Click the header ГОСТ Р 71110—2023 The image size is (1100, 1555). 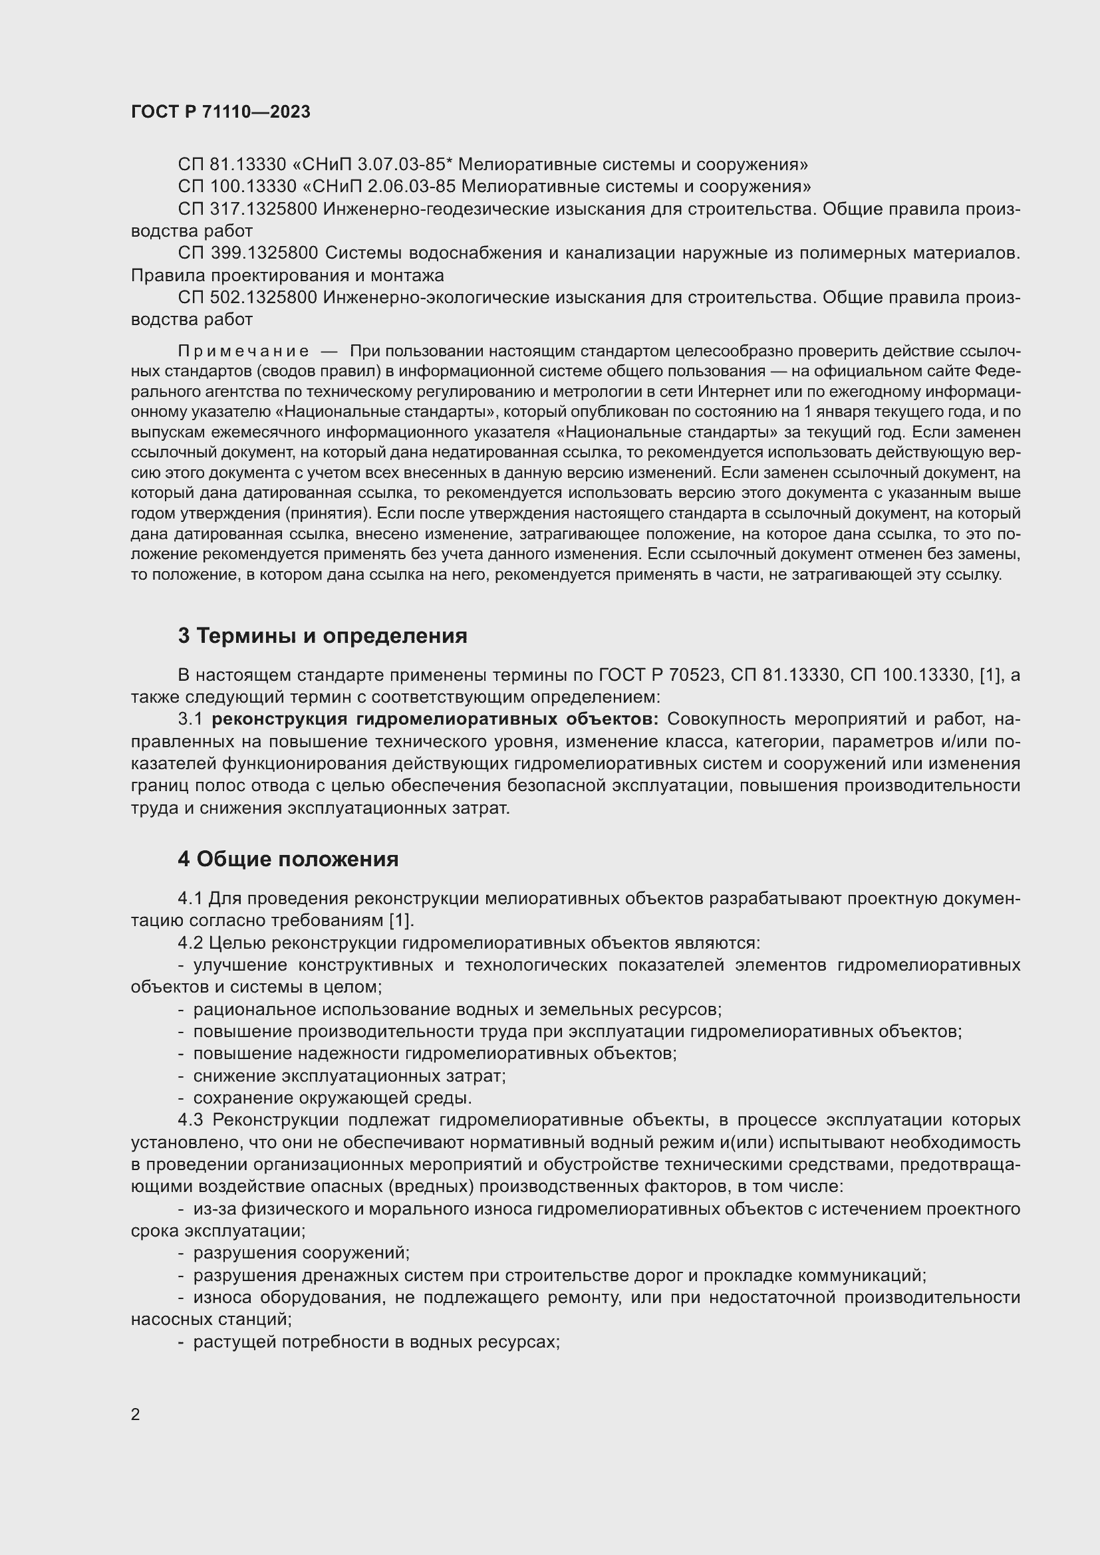click(220, 112)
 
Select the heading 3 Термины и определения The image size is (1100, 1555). click(323, 636)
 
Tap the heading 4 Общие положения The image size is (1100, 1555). click(288, 859)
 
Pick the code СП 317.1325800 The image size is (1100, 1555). click(247, 209)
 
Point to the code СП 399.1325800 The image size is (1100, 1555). click(248, 253)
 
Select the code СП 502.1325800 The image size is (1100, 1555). click(247, 298)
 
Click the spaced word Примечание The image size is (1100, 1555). click(243, 351)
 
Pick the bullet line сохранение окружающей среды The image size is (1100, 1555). click(332, 1098)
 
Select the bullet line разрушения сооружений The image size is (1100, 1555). click(301, 1253)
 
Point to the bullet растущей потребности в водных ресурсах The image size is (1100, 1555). click(376, 1342)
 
